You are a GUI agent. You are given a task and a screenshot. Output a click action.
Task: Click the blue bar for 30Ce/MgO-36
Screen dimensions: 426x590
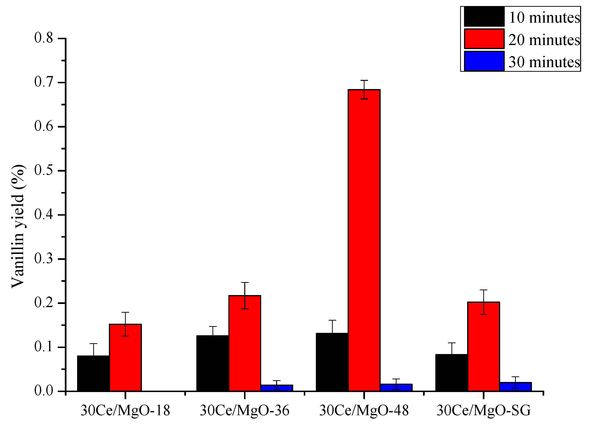coord(277,388)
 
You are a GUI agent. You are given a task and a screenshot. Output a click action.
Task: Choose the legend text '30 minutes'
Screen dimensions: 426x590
coord(544,62)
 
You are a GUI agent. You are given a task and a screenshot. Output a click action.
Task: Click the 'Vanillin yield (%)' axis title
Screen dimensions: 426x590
coord(18,226)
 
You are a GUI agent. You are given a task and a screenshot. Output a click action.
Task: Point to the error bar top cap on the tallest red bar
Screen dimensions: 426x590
coord(364,80)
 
